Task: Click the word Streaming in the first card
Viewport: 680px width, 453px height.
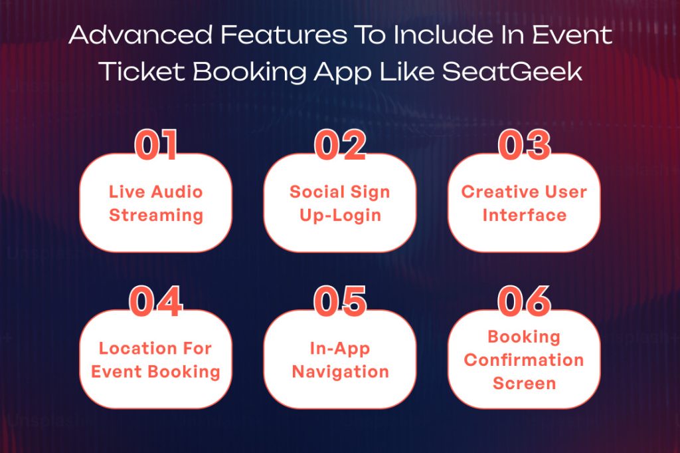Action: pyautogui.click(x=156, y=216)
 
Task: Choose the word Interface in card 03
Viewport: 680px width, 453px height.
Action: pyautogui.click(x=525, y=216)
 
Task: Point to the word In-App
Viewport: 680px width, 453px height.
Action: pyautogui.click(x=340, y=349)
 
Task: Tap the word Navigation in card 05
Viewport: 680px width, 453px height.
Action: pyautogui.click(x=340, y=372)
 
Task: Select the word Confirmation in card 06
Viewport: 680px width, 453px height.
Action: pyautogui.click(x=524, y=361)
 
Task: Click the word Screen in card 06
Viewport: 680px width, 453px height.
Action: pyautogui.click(x=524, y=384)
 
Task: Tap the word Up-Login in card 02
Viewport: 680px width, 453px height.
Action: pyautogui.click(x=340, y=216)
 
